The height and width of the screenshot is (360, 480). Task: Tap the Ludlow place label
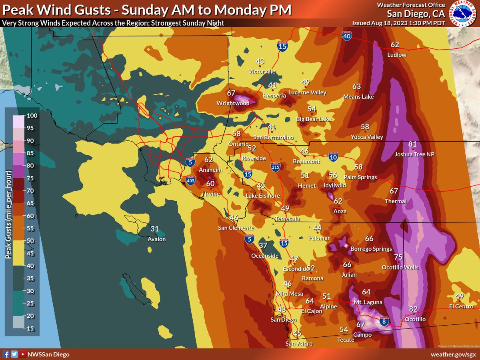(x=397, y=55)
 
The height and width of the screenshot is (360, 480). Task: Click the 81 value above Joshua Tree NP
(x=412, y=144)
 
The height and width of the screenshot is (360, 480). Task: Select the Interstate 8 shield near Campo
(x=384, y=321)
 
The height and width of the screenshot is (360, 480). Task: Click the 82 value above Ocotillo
(x=413, y=309)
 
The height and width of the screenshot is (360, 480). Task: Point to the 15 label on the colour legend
(x=30, y=328)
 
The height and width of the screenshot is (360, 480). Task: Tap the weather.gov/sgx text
(x=453, y=354)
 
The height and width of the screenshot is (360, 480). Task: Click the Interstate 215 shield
(x=275, y=167)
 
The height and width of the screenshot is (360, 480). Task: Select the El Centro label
(x=461, y=307)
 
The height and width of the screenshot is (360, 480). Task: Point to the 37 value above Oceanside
(x=262, y=245)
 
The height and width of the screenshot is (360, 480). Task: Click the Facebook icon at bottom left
(x=6, y=354)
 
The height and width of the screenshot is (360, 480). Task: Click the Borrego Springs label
(x=371, y=249)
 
